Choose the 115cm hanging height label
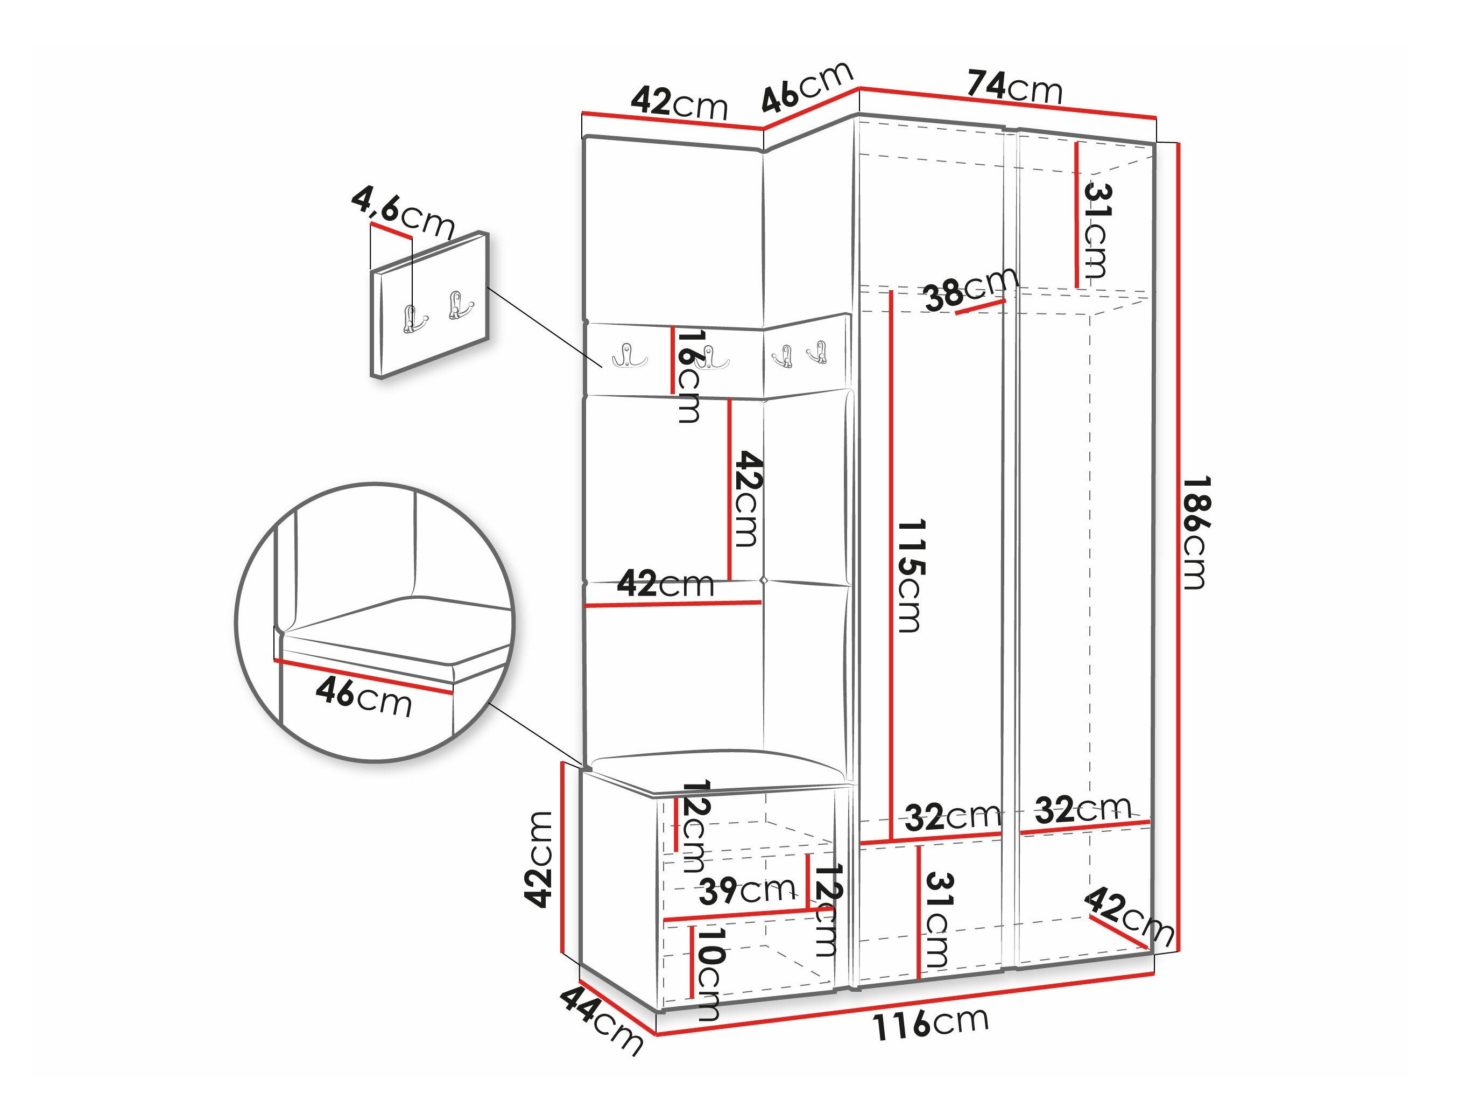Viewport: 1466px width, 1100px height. click(910, 576)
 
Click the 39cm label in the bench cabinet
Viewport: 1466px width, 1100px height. click(747, 890)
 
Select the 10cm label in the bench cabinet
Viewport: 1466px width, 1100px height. click(708, 973)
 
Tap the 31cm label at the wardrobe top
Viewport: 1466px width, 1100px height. click(1097, 230)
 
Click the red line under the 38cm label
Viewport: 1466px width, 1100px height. click(981, 306)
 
